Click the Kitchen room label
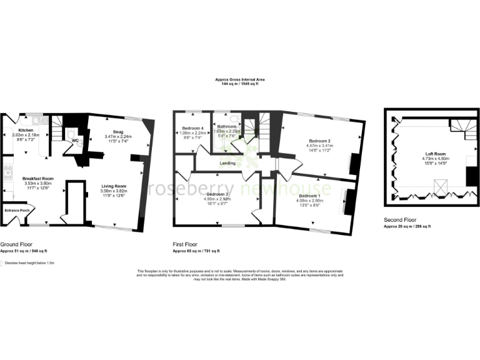point(26,130)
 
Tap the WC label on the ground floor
point(75,141)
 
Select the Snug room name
point(118,132)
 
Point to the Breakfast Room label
point(38,179)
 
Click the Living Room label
point(114,186)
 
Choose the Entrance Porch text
point(17,210)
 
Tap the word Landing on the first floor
point(227,164)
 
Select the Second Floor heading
point(401,220)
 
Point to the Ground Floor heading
point(16,244)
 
